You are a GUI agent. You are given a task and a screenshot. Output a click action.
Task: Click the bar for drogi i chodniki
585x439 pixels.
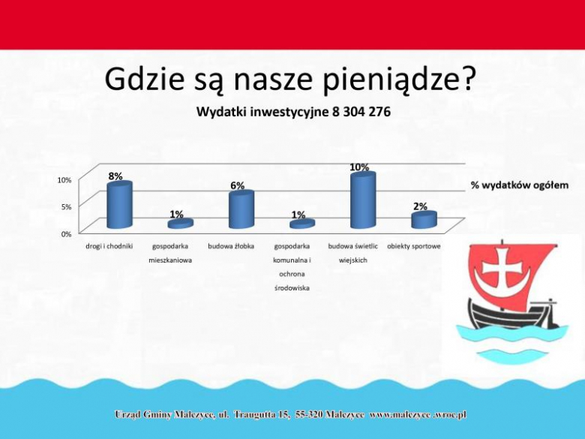pos(119,205)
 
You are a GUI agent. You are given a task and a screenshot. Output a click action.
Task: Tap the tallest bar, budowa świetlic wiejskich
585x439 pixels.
pos(362,200)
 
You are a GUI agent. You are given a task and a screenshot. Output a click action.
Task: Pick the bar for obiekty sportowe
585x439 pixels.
pos(423,220)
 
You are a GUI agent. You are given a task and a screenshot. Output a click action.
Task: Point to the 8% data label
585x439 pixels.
pos(115,176)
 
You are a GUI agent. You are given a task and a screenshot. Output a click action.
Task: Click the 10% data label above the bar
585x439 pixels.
pos(358,167)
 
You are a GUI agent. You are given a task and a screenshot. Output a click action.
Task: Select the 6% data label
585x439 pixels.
pos(237,186)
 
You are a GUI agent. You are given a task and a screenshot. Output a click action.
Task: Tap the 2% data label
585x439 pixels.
pos(420,206)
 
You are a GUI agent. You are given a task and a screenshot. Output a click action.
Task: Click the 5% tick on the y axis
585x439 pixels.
pos(66,206)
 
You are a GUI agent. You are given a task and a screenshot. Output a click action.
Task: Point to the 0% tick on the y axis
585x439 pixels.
pos(66,233)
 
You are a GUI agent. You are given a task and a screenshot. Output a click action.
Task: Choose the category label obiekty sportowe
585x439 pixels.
pos(414,246)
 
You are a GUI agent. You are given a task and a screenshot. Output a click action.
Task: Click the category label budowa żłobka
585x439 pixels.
pos(231,246)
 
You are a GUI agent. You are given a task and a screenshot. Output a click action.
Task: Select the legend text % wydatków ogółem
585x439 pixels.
pos(520,185)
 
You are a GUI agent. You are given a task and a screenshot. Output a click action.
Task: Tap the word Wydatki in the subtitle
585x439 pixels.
pos(222,112)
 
